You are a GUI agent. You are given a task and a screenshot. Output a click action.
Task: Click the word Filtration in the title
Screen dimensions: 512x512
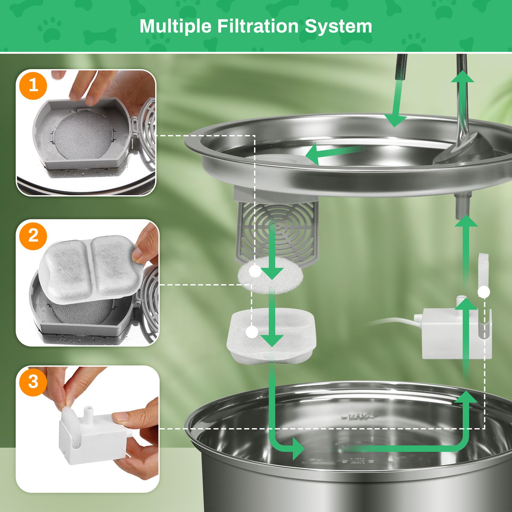click(x=258, y=26)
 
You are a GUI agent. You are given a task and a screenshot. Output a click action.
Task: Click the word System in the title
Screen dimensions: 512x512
click(x=338, y=26)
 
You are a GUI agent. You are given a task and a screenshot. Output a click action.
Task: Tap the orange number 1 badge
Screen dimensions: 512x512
click(x=33, y=86)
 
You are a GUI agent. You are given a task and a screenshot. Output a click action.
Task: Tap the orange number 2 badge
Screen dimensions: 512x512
click(x=33, y=236)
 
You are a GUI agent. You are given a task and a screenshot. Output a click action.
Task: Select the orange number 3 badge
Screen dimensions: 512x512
click(x=33, y=381)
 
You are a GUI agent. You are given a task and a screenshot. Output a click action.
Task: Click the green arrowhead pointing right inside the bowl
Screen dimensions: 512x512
click(x=298, y=449)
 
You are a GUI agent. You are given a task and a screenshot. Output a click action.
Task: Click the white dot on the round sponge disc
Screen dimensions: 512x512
click(x=255, y=272)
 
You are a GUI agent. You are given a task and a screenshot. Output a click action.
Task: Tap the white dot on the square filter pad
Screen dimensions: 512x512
click(x=252, y=332)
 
